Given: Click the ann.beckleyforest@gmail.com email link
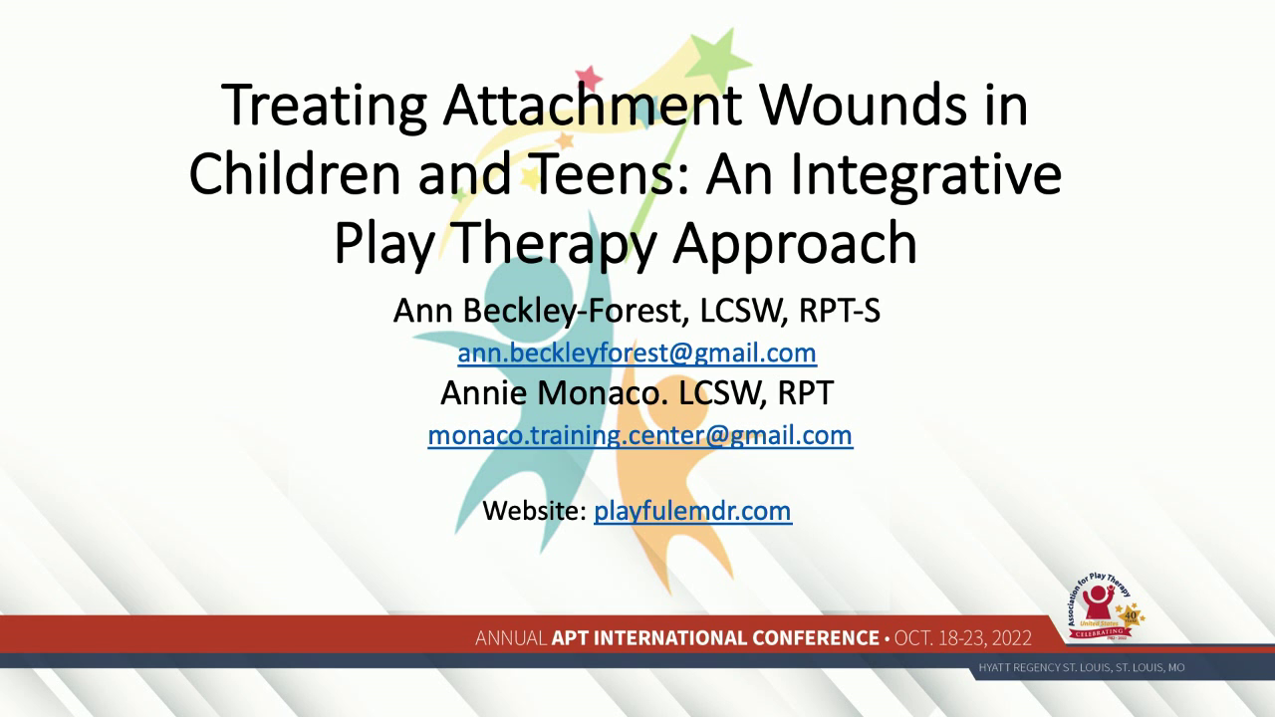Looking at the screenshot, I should pyautogui.click(x=637, y=353).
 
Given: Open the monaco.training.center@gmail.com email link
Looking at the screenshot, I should pyautogui.click(x=639, y=434).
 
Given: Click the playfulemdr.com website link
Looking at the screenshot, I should pyautogui.click(x=692, y=511).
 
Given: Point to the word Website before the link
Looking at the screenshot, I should pyautogui.click(x=534, y=511).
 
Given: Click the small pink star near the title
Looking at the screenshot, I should pyautogui.click(x=589, y=77).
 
